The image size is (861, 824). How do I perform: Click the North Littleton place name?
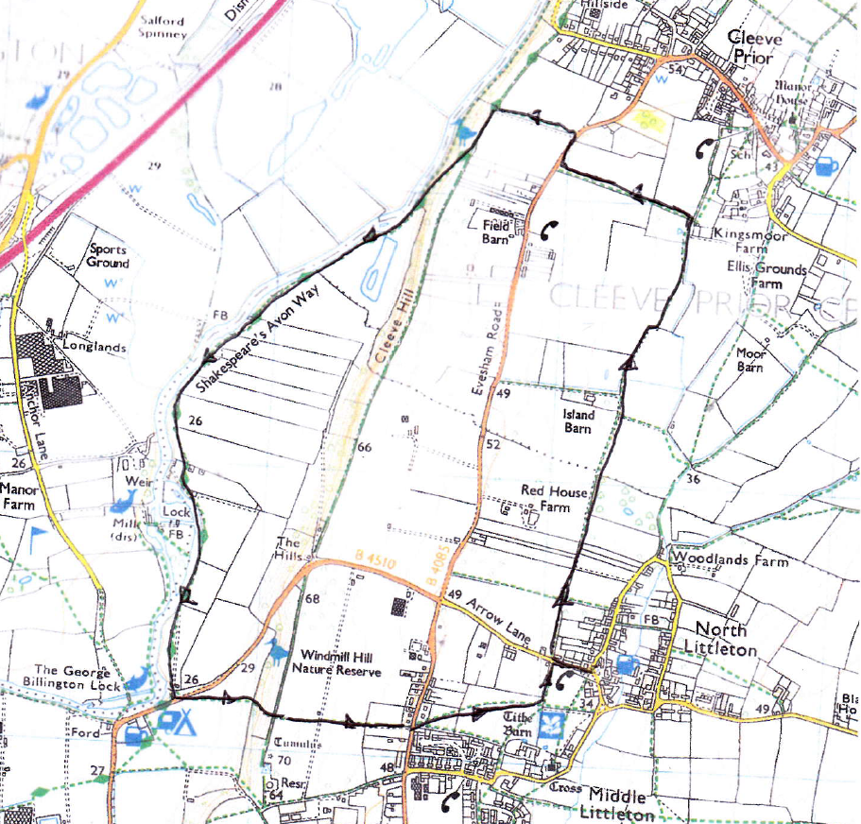(x=727, y=640)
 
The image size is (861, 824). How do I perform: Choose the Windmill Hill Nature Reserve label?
(x=340, y=663)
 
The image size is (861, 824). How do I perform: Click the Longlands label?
(x=95, y=347)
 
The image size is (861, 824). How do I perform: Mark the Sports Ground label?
(x=108, y=257)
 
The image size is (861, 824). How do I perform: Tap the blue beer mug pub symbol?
(x=827, y=166)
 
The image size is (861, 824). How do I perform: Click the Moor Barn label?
(x=751, y=359)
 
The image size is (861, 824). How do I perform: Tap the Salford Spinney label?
(x=164, y=26)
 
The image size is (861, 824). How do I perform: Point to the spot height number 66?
(x=364, y=446)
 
